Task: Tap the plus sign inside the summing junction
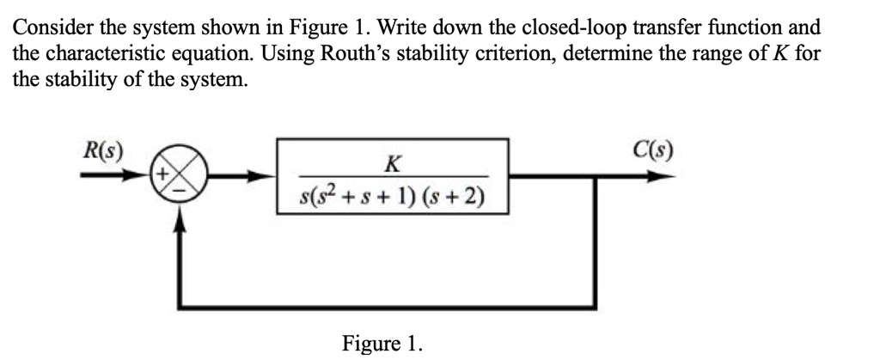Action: (162, 174)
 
